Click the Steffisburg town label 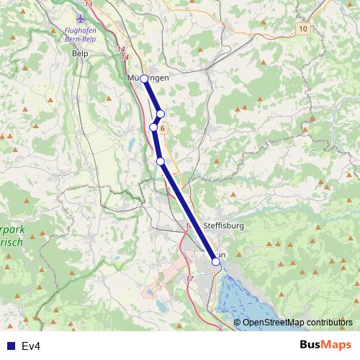point(224,225)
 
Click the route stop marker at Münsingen point(144,78)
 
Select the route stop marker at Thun point(215,262)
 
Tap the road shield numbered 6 point(163,128)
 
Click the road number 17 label point(189,278)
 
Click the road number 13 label point(89,4)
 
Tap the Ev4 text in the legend point(31,346)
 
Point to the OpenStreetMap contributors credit point(297,323)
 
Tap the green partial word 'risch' point(14,243)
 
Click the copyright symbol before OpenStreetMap point(238,323)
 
